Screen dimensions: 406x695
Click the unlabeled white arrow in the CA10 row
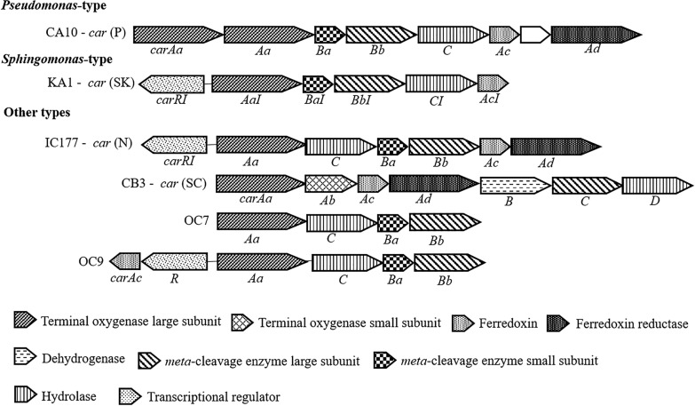pos(534,35)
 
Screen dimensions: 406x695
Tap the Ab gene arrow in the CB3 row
pos(329,184)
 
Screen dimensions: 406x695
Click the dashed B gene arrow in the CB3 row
pos(514,185)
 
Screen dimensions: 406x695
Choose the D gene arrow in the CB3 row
pos(655,185)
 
